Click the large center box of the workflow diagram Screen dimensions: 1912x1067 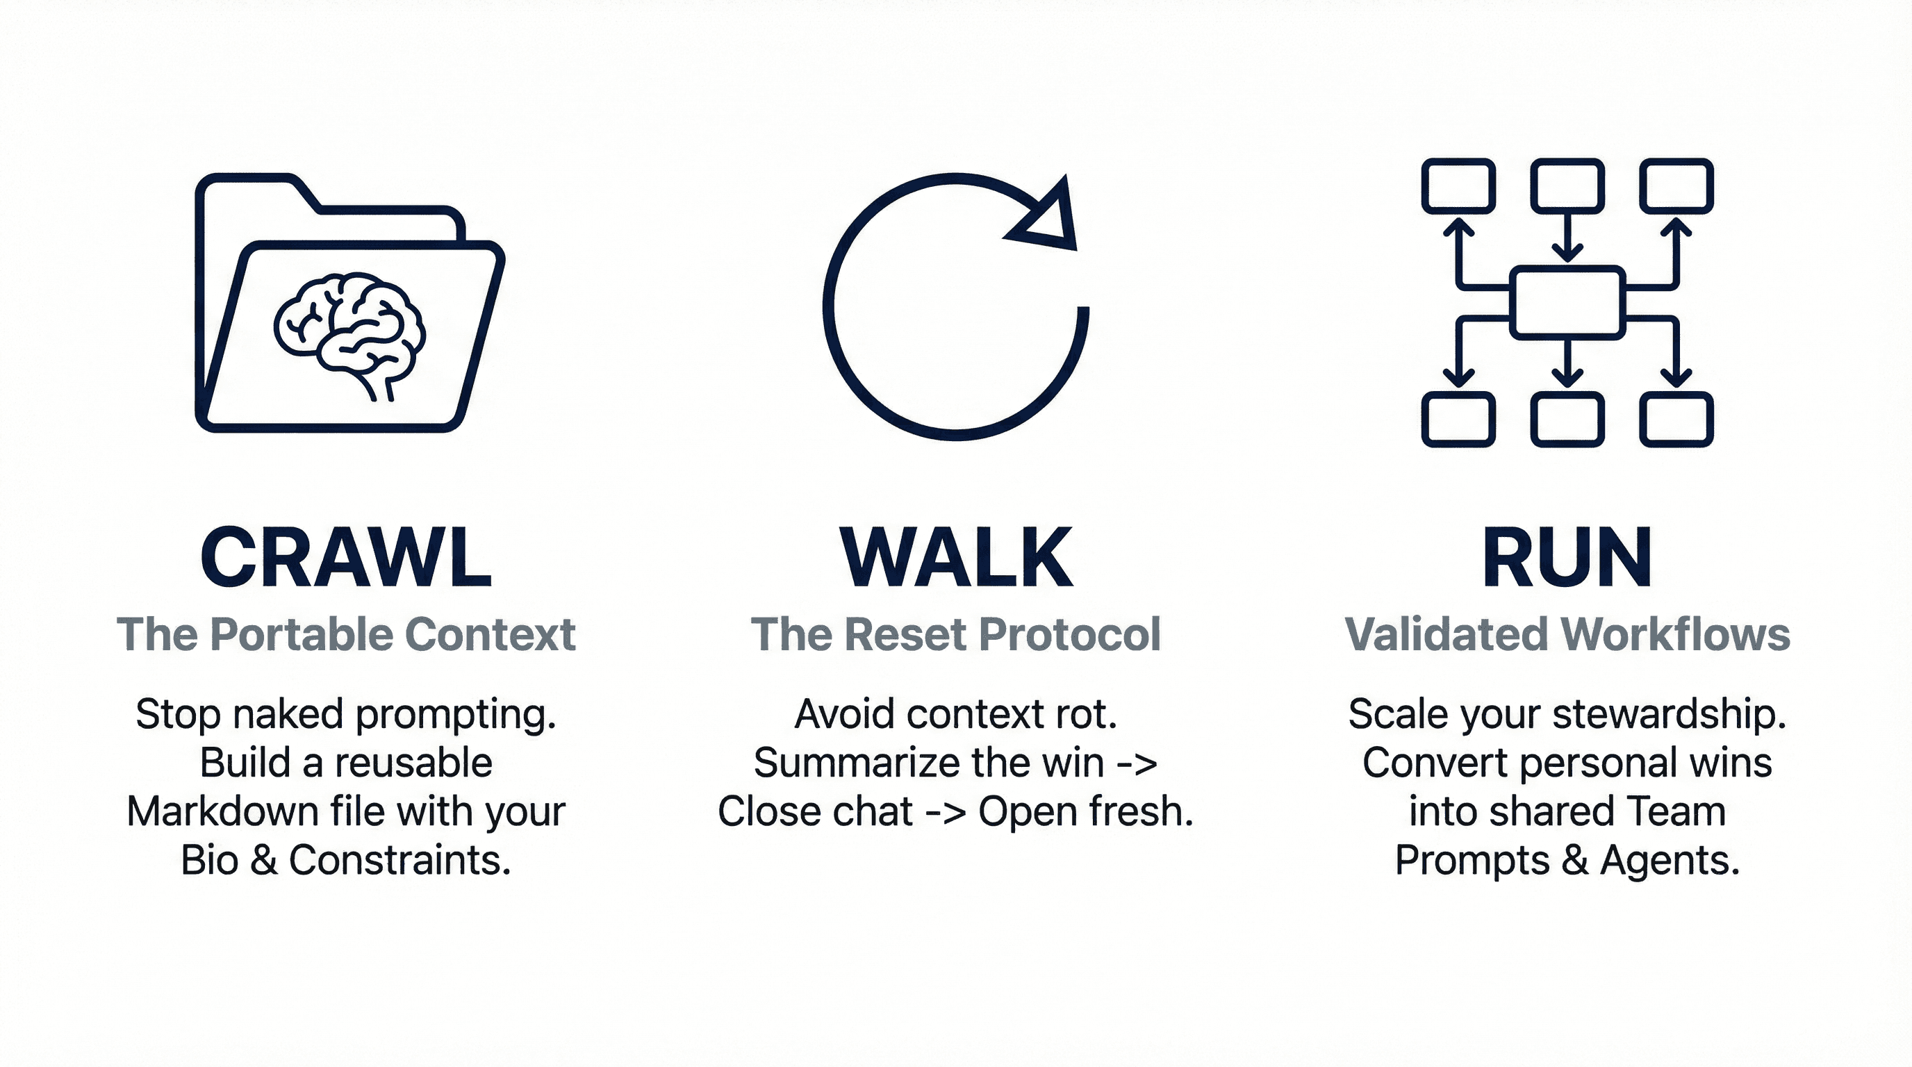click(1567, 302)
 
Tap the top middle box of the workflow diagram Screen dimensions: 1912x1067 click(1567, 185)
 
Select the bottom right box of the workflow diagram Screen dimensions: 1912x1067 click(1676, 420)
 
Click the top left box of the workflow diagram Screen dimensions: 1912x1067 click(1458, 185)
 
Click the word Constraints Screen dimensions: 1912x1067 click(400, 861)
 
